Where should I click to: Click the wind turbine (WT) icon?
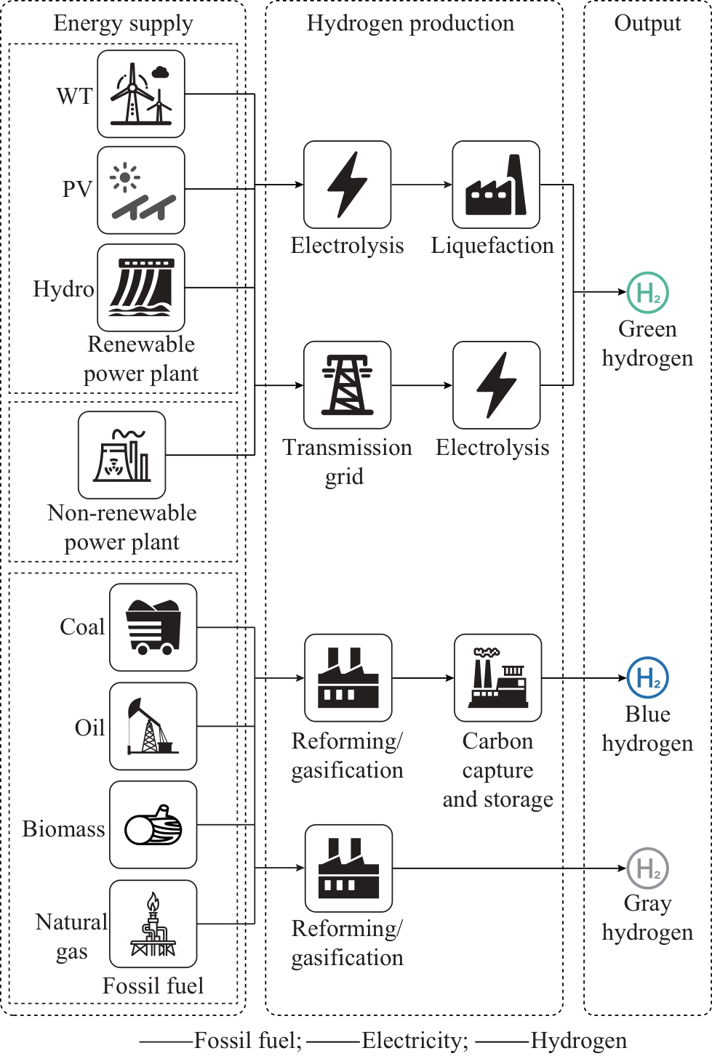141,94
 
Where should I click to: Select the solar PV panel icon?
141,190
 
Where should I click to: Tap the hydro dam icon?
141,288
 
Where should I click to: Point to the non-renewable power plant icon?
122,455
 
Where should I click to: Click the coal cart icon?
153,627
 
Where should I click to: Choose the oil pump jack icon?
153,726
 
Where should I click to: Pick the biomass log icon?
153,825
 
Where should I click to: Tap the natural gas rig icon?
153,924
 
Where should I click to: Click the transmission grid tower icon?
347,385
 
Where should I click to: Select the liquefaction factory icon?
496,185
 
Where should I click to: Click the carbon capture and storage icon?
498,678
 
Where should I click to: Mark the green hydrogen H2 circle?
647,292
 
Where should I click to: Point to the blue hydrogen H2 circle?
647,677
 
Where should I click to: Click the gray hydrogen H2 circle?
647,868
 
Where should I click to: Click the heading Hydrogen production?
410,23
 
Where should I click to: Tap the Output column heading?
647,23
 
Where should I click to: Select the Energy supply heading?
123,23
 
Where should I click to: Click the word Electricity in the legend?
415,1041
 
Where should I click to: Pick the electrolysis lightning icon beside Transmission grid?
496,385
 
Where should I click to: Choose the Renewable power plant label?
141,358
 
